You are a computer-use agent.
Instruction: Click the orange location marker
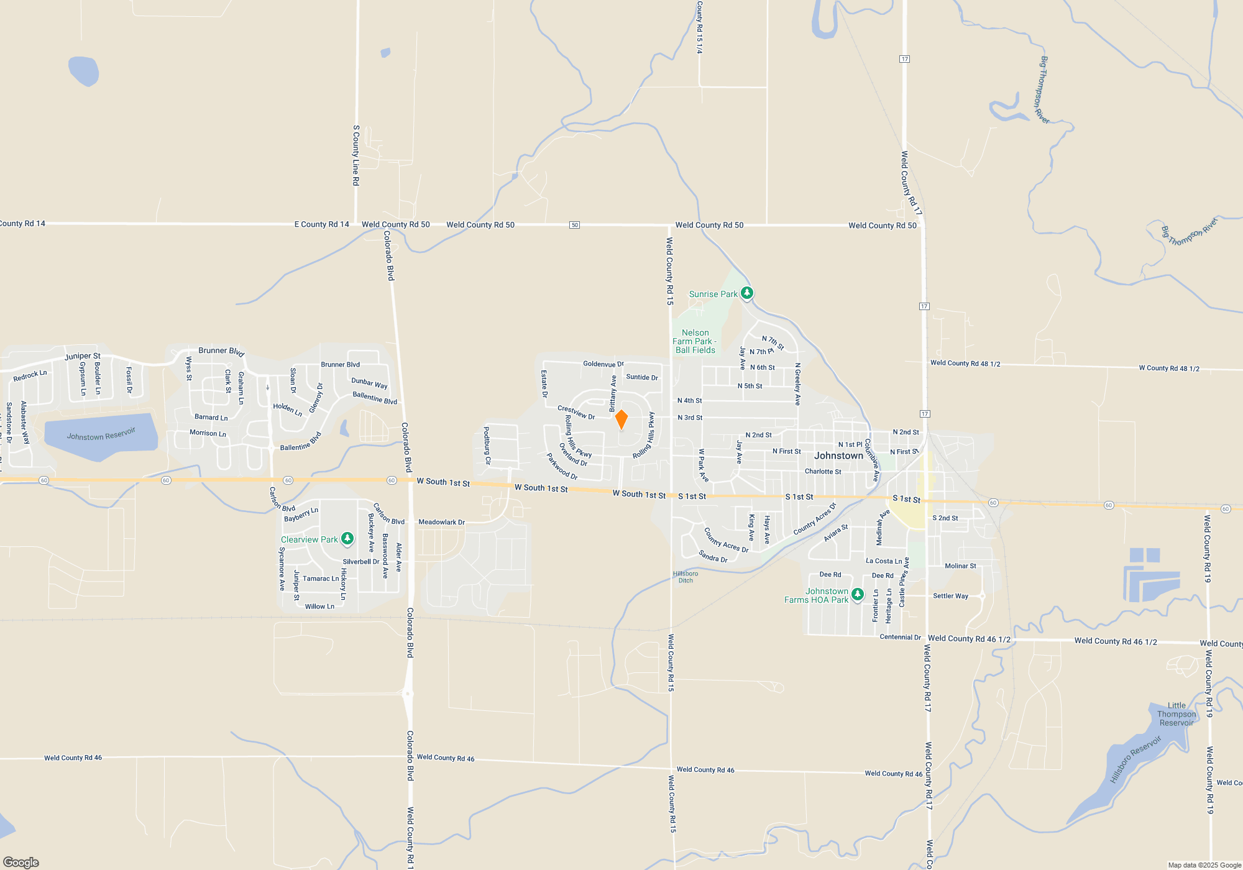point(621,419)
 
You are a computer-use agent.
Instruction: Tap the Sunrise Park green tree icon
point(747,293)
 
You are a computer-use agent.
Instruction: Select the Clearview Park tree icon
point(347,538)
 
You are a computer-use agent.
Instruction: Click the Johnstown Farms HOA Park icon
point(857,594)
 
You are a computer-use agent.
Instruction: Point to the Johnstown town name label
point(838,456)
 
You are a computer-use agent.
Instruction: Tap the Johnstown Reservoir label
point(101,434)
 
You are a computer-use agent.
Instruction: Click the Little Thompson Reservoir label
point(1176,714)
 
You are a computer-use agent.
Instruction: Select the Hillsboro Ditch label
point(686,577)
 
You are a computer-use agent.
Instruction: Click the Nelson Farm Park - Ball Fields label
point(695,342)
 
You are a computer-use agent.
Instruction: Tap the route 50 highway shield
point(574,225)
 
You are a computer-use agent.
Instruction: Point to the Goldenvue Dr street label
point(603,364)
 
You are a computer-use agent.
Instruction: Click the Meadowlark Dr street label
point(441,522)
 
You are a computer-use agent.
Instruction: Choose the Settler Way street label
point(950,596)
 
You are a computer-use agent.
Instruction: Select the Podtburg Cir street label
point(487,446)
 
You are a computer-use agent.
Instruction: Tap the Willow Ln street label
point(319,607)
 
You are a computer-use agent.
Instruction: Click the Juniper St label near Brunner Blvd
point(82,356)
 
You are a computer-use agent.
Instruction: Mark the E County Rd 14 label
point(321,224)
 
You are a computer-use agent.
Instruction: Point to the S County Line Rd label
point(356,155)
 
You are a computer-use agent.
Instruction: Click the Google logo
point(21,862)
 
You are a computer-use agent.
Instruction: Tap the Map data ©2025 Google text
point(1204,865)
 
